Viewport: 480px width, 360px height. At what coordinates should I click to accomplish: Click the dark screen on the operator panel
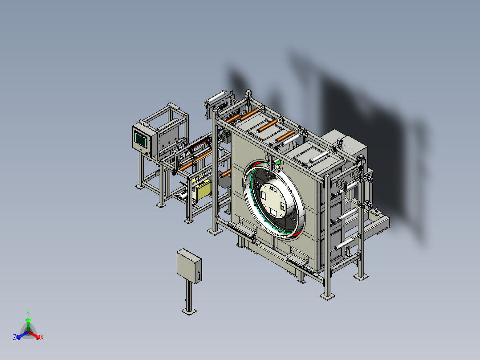point(140,139)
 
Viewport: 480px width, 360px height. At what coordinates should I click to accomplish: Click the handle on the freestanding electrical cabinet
point(199,276)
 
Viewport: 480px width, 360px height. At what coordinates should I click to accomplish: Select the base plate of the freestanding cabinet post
point(189,311)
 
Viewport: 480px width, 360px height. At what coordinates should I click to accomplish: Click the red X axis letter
point(42,337)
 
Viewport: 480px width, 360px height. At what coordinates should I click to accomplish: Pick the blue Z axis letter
point(15,337)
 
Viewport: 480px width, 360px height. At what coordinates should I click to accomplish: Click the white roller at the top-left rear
point(216,97)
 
